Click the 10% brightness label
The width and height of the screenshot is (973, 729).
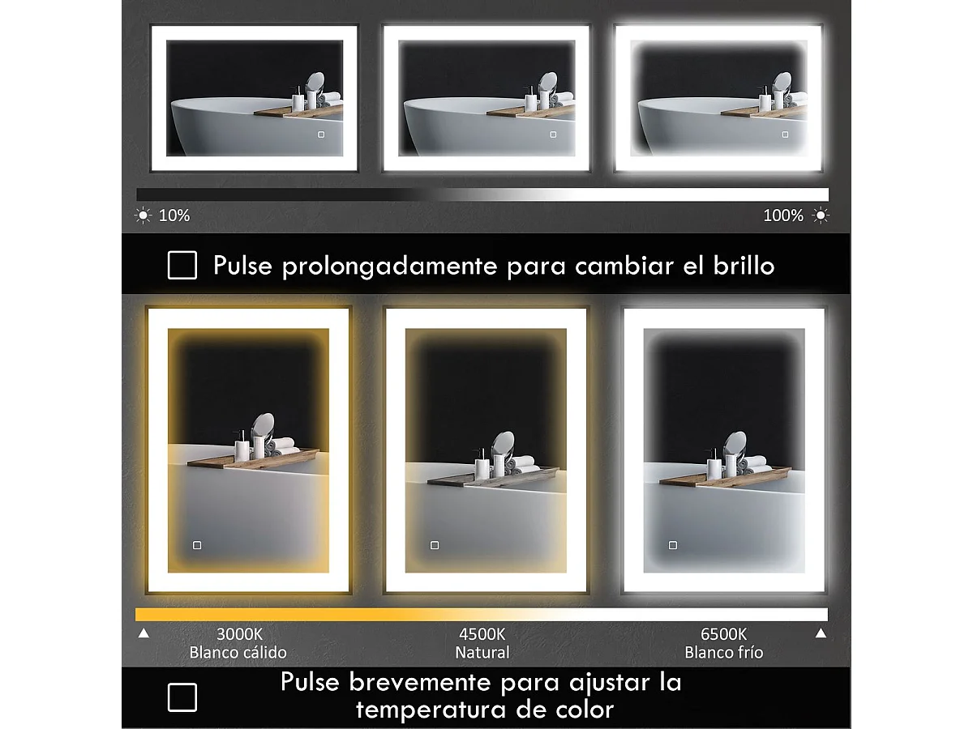(174, 215)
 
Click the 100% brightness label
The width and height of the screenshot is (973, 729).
(783, 215)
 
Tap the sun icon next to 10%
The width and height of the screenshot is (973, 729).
(144, 215)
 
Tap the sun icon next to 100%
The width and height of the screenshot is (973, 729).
(821, 215)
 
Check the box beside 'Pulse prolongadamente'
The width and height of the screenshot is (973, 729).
(182, 265)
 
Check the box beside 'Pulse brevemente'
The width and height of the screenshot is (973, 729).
(182, 697)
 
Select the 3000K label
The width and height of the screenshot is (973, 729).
(239, 634)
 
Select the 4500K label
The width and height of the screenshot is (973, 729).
(482, 634)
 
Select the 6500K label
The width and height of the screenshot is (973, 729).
(723, 634)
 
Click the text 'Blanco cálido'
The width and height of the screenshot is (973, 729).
(238, 652)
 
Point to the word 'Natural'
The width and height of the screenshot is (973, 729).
(482, 652)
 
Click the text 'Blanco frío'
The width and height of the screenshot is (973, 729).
(723, 652)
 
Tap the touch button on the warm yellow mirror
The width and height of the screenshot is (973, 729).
(197, 545)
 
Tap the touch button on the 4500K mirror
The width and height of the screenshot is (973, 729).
(435, 545)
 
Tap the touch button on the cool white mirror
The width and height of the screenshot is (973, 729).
(673, 545)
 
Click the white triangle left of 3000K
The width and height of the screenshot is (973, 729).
(144, 633)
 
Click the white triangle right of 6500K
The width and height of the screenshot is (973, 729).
(821, 633)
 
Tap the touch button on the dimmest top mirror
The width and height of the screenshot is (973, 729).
(320, 134)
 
